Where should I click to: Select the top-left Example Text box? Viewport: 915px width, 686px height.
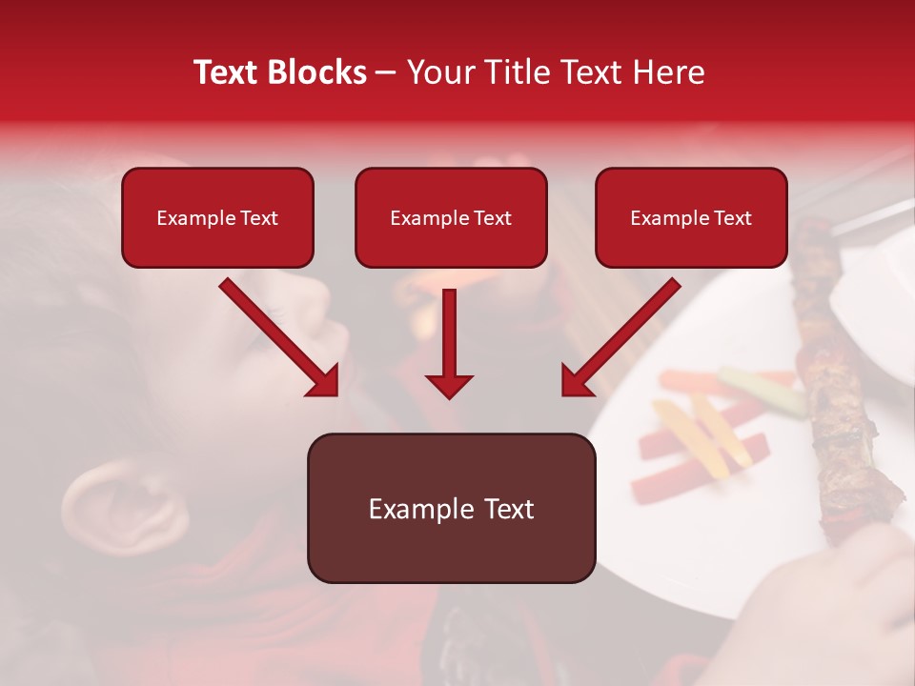(217, 218)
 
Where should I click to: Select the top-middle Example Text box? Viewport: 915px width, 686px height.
(451, 218)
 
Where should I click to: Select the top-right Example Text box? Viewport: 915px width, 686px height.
(691, 218)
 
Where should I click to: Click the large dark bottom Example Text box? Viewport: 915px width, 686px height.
(451, 509)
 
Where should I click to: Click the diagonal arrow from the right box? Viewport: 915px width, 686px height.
(620, 338)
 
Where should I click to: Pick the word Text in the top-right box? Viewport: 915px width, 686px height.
(732, 218)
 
